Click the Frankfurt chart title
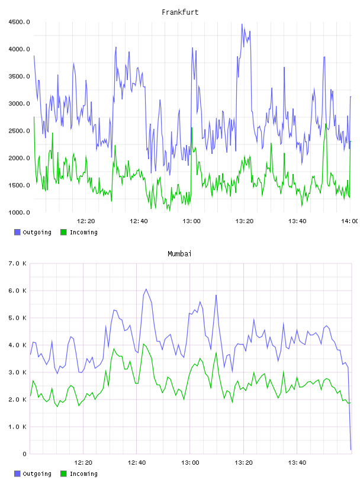tap(180, 12)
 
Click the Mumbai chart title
tap(179, 254)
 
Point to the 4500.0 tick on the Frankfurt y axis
tap(19, 22)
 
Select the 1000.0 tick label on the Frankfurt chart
tap(19, 212)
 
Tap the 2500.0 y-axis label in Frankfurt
tap(19, 131)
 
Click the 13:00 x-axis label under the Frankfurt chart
tap(191, 221)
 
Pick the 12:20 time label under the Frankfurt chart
tap(86, 221)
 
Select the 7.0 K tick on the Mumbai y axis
tap(18, 263)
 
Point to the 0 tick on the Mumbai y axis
tap(25, 454)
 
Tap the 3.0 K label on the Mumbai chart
tap(18, 372)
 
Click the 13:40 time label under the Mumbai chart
tap(297, 463)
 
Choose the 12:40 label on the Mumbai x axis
tap(137, 463)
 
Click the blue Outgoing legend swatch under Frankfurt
tap(17, 232)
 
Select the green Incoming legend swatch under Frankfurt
tap(63, 232)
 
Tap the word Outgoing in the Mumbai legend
tap(37, 474)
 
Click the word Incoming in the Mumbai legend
tap(83, 474)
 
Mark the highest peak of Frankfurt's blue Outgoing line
tap(242, 24)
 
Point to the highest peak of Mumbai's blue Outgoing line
tap(146, 289)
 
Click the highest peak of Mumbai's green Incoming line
tap(144, 344)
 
